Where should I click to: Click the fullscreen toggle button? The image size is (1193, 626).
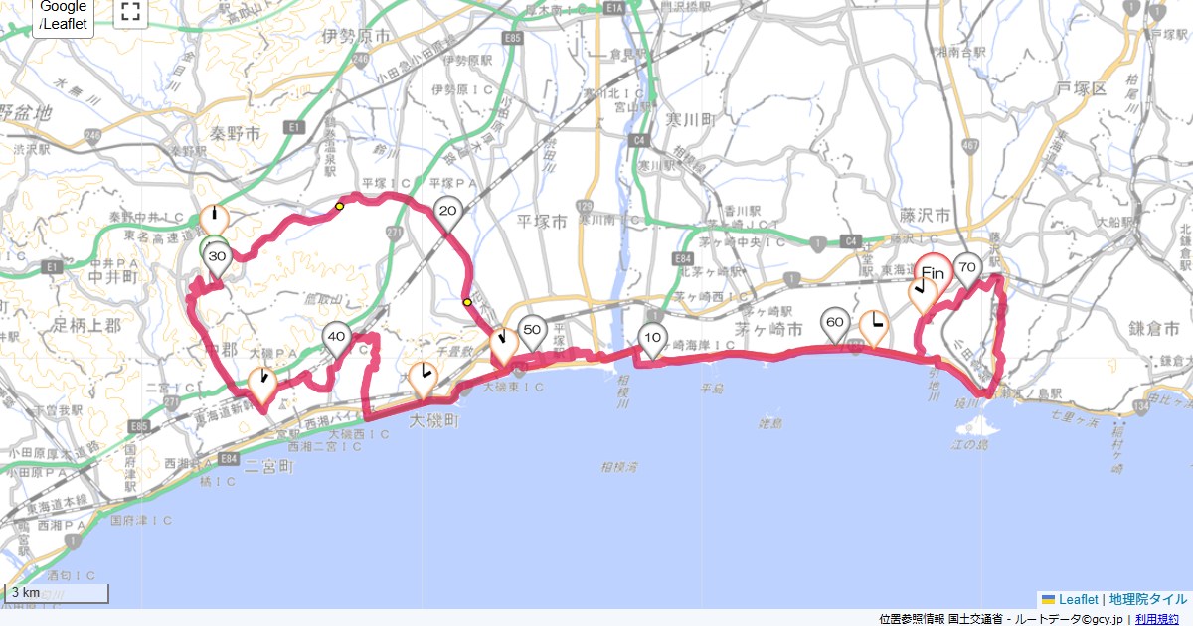point(130,12)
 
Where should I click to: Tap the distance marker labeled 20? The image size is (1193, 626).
point(447,211)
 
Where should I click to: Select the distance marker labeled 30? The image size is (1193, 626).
point(218,256)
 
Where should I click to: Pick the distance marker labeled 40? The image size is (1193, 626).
point(337,337)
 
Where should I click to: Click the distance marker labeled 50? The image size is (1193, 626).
point(532,330)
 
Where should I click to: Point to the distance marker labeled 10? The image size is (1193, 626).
point(653,337)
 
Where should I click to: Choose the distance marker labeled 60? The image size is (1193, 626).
point(835,323)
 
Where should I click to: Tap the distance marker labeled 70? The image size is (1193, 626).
point(966,266)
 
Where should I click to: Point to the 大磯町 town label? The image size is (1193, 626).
point(436,421)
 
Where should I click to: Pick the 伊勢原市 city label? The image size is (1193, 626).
point(351,37)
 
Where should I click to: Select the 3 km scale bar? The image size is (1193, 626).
point(57,593)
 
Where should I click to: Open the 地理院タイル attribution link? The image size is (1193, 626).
point(1148,599)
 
